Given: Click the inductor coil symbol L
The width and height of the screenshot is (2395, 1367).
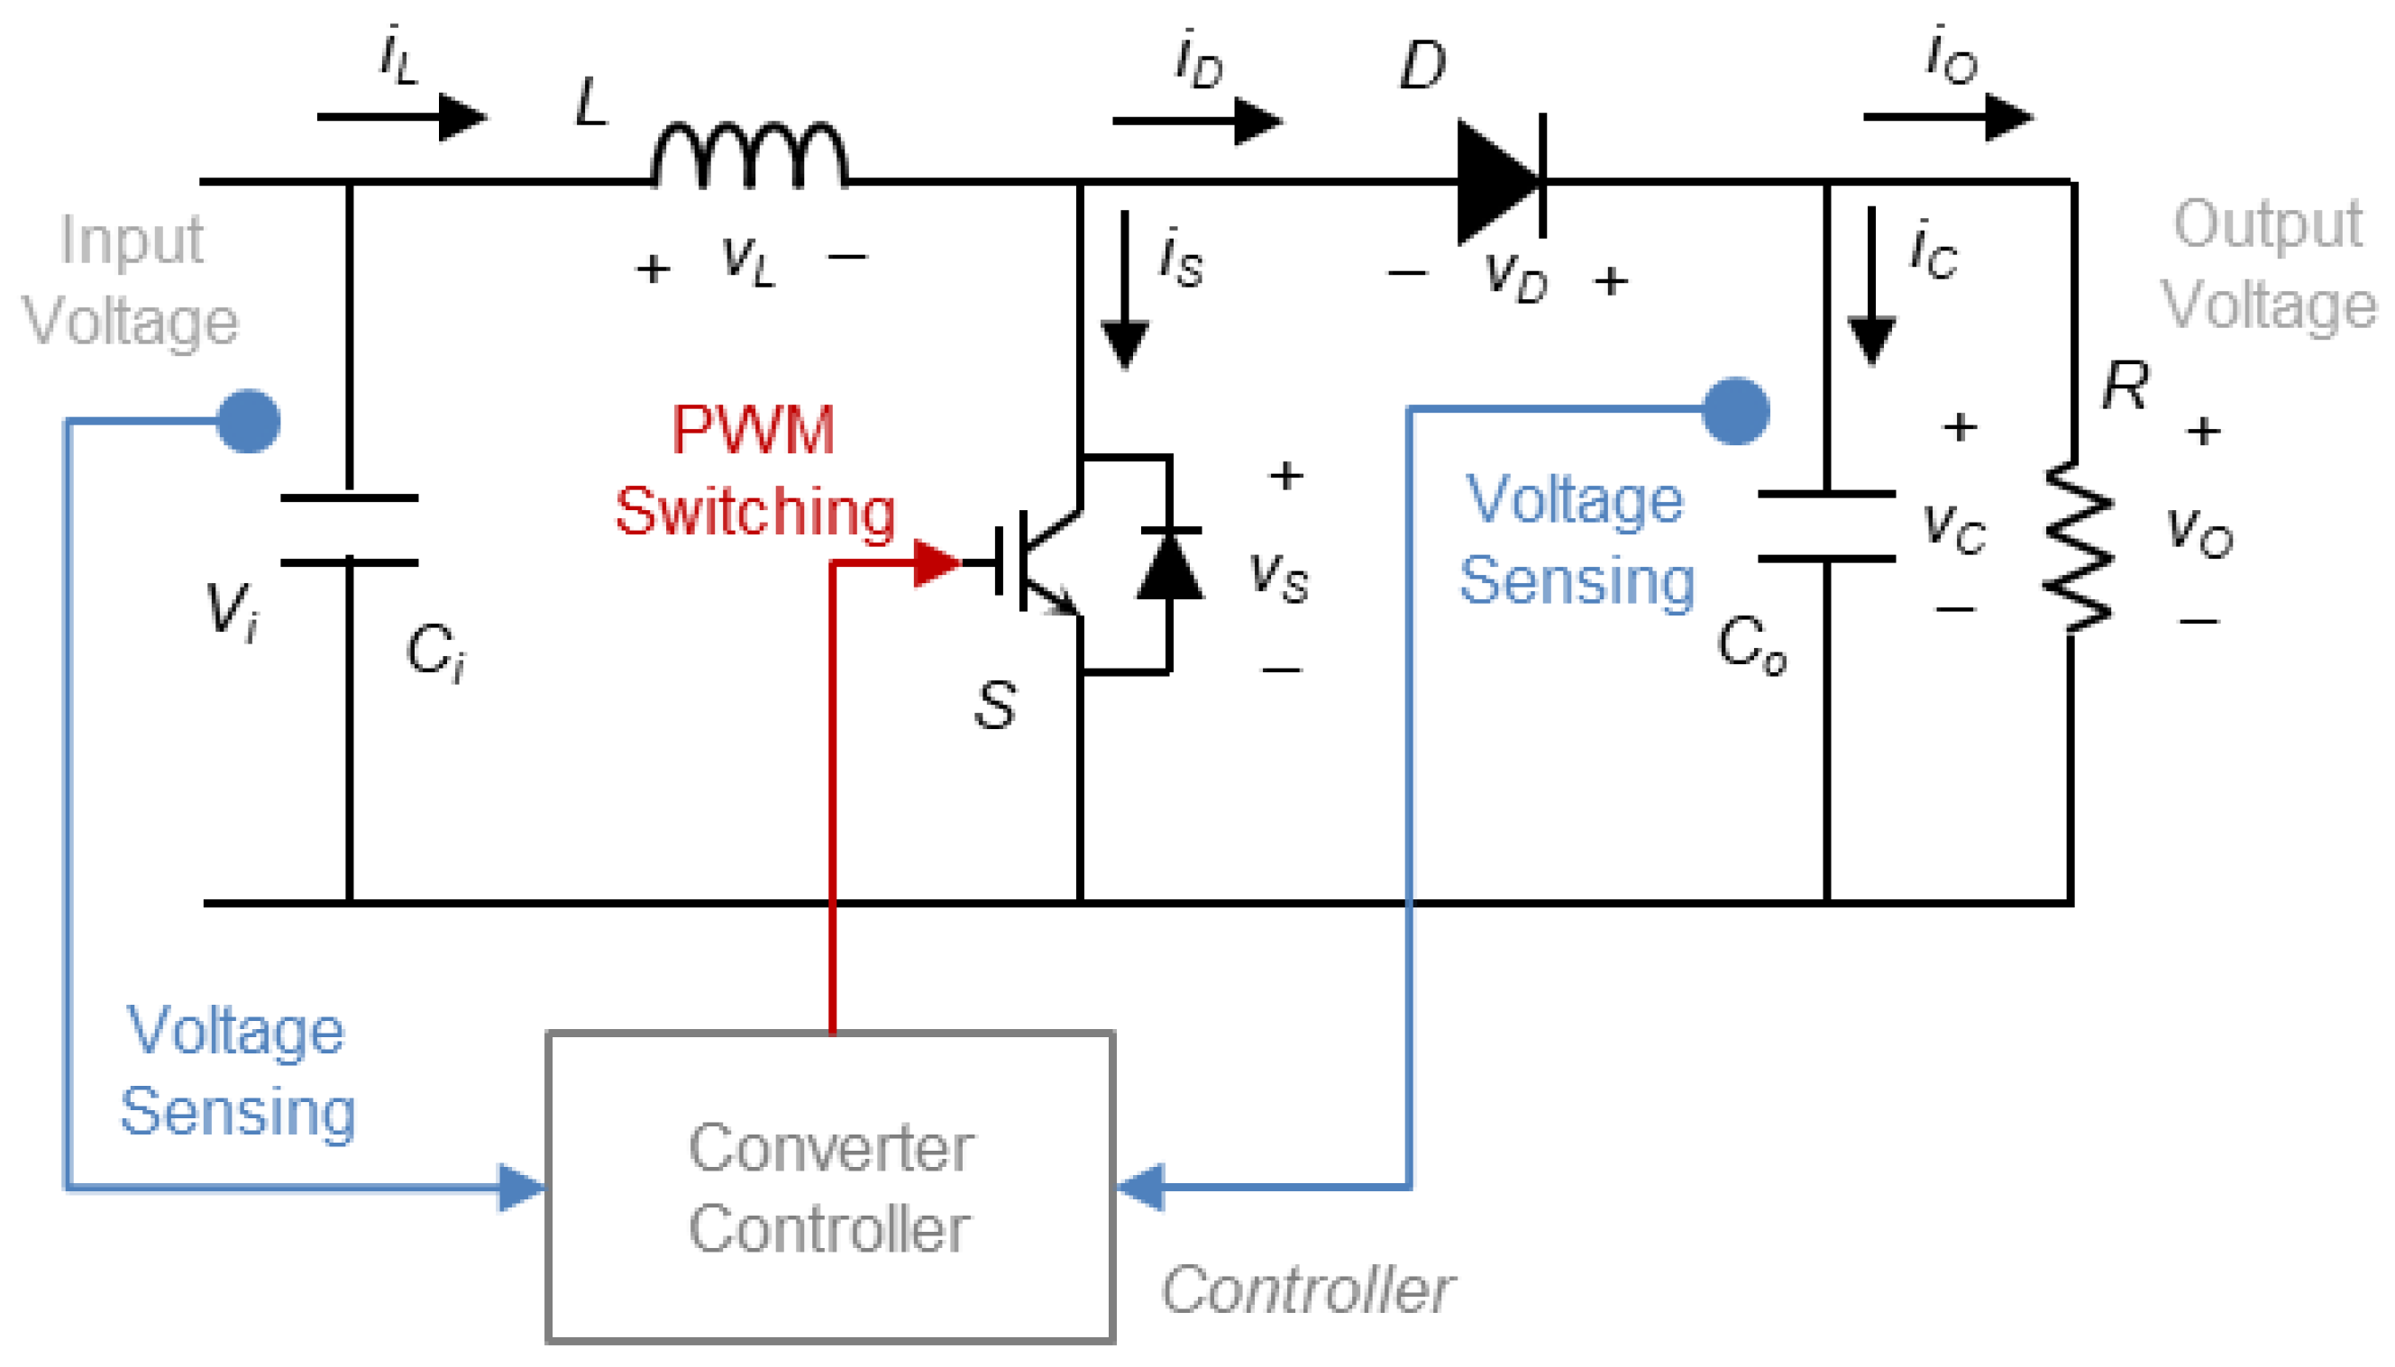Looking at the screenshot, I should coord(748,155).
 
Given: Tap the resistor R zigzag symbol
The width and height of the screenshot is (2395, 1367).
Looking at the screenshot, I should coord(2077,546).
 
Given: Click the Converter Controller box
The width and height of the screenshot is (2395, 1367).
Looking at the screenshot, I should coord(830,1187).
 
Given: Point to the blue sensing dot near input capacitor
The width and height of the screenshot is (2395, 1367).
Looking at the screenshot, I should coord(248,421).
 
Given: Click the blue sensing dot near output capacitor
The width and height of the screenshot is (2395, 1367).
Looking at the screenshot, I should coord(1735,410).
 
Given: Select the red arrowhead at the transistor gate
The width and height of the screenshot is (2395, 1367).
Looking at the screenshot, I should coord(935,562).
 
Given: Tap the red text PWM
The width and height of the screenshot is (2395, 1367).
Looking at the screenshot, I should coord(753,430).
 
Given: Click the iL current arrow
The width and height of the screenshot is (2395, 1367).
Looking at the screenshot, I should coord(401,117).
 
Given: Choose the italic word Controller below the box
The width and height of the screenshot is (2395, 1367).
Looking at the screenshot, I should coord(1306,1290).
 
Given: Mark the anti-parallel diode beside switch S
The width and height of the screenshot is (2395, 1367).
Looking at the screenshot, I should coord(1169,565).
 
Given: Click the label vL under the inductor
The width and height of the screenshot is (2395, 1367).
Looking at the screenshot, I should coord(748,260).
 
